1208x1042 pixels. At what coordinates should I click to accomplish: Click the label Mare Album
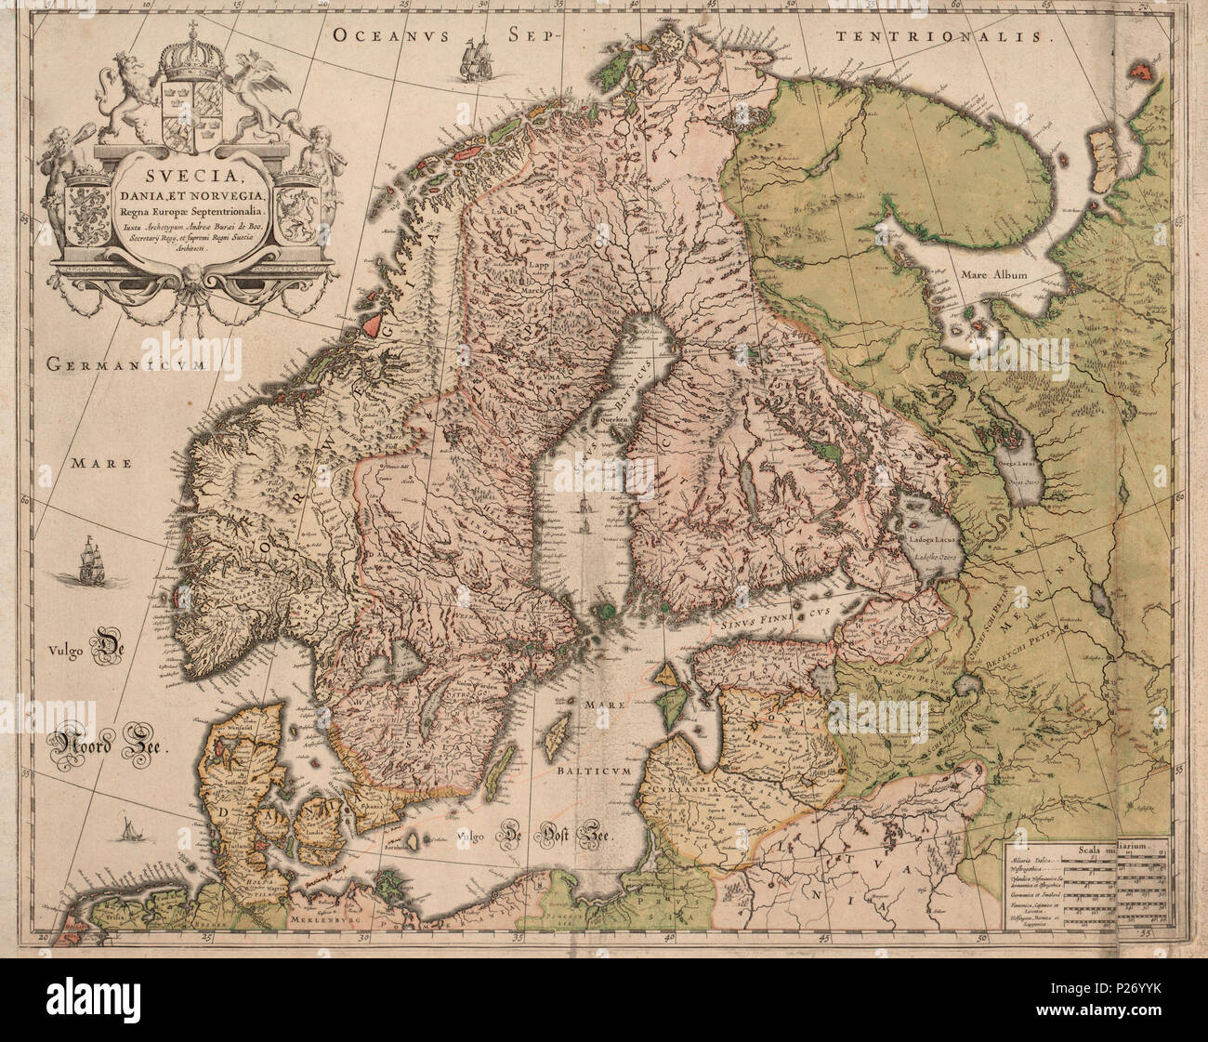click(996, 275)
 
